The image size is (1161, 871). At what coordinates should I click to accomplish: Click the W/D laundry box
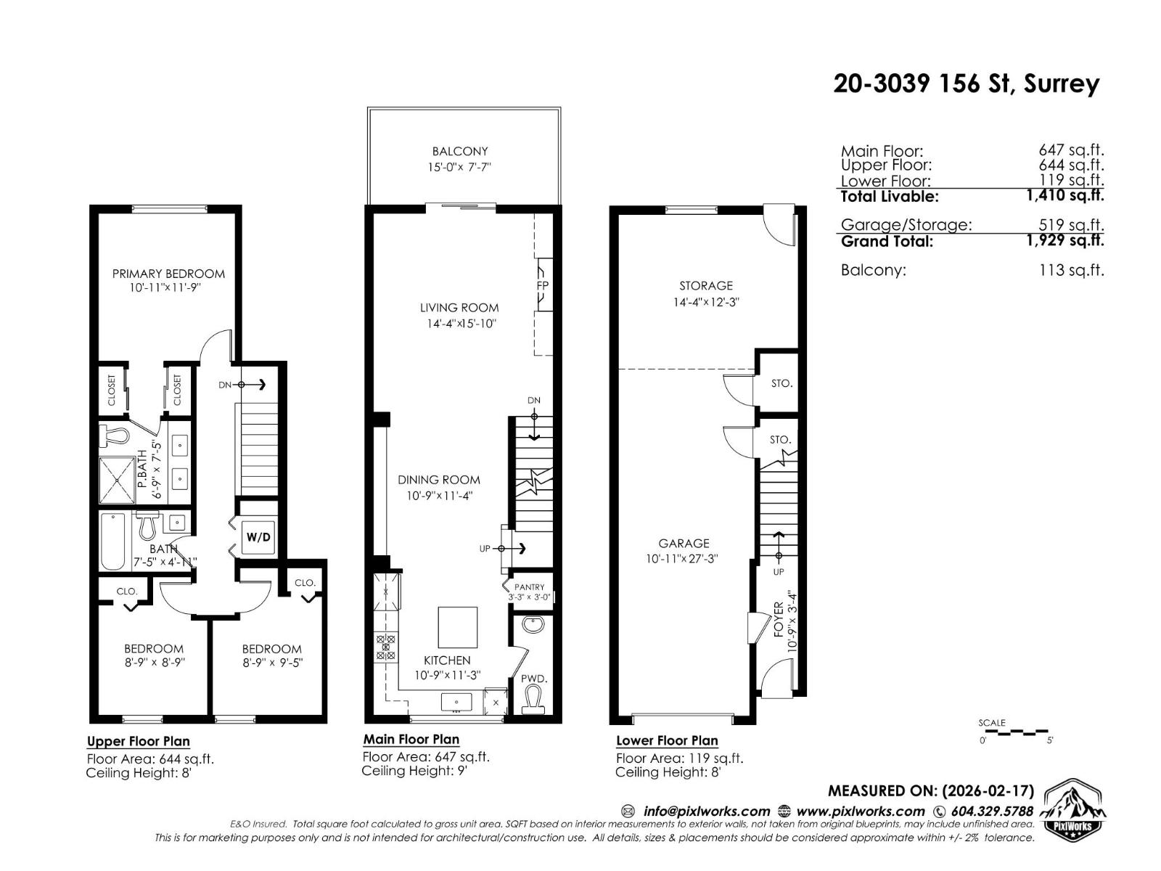[258, 537]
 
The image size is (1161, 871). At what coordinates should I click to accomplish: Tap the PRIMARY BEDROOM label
[168, 274]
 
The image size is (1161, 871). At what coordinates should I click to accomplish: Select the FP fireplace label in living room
[542, 285]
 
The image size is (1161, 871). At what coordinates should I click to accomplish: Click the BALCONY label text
[460, 151]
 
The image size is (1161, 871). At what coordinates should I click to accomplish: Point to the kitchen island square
[458, 627]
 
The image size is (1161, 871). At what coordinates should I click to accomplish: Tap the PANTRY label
[529, 587]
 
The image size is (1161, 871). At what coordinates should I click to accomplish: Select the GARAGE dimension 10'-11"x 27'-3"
[684, 559]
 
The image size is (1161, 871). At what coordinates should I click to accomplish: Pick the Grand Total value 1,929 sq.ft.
[1064, 240]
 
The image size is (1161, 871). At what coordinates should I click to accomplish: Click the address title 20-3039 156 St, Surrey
[966, 83]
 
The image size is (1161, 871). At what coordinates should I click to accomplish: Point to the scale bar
[1016, 732]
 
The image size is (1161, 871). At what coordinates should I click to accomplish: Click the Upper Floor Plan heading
[139, 741]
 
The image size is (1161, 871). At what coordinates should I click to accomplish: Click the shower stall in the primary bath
[116, 478]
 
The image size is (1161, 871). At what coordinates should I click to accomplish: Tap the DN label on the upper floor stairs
[225, 385]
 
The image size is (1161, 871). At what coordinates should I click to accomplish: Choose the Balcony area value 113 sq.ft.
[1071, 270]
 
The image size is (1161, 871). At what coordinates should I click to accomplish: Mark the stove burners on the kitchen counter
[385, 647]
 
